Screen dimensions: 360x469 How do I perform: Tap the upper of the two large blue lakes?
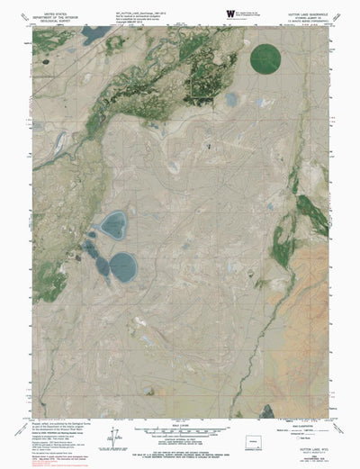pos(113,224)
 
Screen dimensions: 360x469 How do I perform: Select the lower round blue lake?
pos(122,264)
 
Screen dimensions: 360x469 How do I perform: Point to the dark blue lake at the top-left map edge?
pos(93,36)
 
